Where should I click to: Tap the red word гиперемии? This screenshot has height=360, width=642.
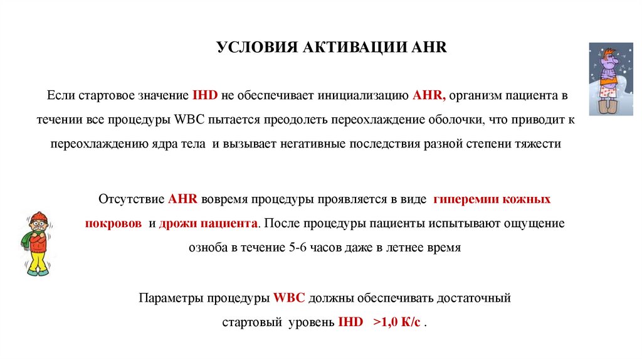pos(465,200)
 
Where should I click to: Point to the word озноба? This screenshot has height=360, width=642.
pos(208,247)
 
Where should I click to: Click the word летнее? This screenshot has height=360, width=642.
pos(406,247)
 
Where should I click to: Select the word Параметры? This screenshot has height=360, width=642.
pos(166,298)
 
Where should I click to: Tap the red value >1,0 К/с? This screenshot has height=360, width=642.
pos(397,322)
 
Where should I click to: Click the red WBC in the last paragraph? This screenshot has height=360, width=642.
pos(289,298)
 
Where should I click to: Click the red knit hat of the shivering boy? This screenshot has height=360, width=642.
pos(39,217)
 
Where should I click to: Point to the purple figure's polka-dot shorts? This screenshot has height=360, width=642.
pos(607,94)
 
